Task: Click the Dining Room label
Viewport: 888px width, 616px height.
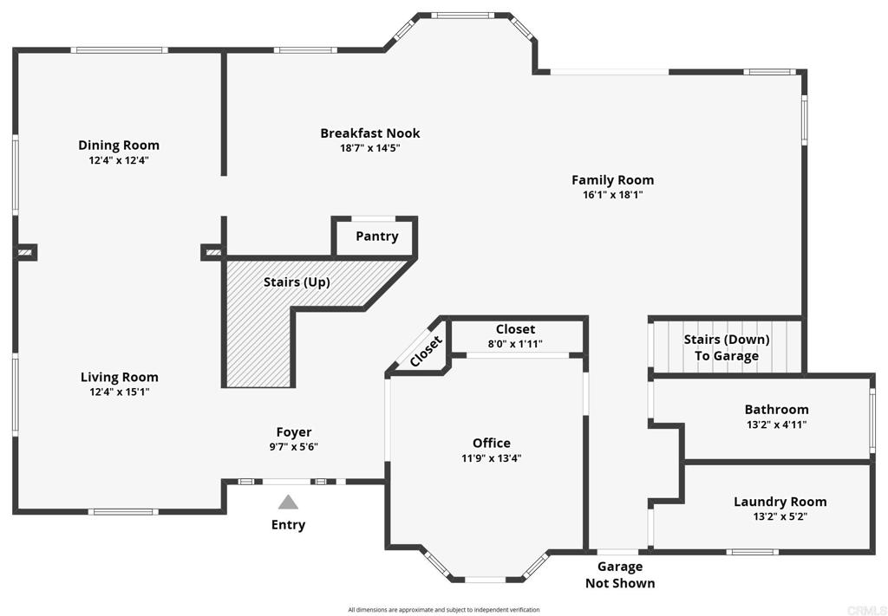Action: point(119,145)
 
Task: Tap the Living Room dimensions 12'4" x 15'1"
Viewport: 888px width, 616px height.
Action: point(120,392)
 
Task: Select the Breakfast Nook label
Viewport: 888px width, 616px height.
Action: point(370,133)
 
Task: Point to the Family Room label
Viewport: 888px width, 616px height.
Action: point(612,180)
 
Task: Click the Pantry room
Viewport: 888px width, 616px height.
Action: point(376,237)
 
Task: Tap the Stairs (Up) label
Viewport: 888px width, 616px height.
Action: point(297,282)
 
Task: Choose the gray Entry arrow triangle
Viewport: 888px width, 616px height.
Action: point(288,502)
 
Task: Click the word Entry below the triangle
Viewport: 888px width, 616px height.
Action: point(288,525)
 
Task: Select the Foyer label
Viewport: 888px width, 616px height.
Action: point(294,432)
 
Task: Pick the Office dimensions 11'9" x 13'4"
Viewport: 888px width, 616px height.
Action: point(492,458)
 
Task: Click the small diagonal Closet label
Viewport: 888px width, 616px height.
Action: point(426,352)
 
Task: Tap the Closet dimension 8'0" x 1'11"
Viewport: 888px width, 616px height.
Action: point(515,344)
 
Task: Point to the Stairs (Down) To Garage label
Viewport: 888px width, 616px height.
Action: point(726,347)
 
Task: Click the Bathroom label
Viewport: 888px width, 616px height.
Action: point(776,409)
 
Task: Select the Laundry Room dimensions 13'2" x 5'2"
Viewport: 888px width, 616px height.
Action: point(780,516)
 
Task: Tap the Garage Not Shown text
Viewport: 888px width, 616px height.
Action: point(620,574)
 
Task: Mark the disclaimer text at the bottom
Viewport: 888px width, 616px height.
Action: point(444,610)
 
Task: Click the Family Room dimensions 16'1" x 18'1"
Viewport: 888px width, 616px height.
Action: point(612,195)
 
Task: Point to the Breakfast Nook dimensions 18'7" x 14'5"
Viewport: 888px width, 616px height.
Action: point(370,147)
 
